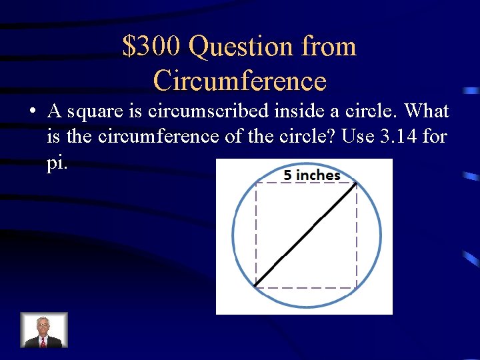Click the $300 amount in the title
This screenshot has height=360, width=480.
[152, 47]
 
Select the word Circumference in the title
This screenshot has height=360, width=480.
[240, 81]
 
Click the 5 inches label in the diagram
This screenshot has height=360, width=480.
[311, 175]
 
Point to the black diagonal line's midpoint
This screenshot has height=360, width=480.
[306, 235]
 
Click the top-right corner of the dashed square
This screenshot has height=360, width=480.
[357, 183]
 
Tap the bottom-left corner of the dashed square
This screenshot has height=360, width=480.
[255, 287]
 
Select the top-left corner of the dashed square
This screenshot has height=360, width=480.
[255, 183]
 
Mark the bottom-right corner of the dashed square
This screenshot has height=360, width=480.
[357, 287]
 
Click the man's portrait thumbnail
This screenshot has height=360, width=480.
[43, 330]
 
